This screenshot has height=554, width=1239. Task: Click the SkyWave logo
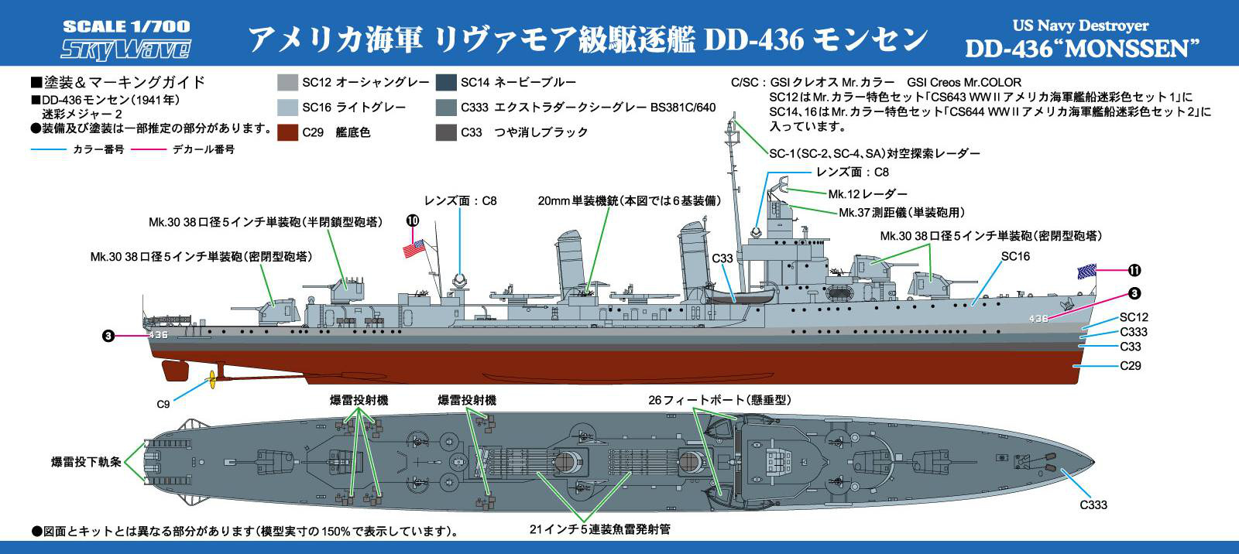125,50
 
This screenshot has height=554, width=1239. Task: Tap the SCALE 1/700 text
126,26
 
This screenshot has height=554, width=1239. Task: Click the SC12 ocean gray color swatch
287,83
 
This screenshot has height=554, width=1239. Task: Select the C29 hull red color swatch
287,132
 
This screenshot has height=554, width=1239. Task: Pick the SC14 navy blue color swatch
446,83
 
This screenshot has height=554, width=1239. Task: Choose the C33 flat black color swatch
446,132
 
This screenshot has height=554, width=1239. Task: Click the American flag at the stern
414,248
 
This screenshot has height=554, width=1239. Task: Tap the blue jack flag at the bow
1087,272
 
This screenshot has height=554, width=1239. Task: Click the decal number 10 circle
413,221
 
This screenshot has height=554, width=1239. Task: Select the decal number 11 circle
1134,270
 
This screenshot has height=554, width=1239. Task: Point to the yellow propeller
211,380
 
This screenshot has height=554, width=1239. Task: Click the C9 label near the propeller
163,404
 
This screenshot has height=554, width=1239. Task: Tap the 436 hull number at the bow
1038,319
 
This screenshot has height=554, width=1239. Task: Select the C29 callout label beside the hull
1131,365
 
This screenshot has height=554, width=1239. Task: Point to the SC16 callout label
1015,256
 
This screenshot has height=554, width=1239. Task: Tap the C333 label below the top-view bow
1093,504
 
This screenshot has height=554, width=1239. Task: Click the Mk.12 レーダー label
868,194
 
